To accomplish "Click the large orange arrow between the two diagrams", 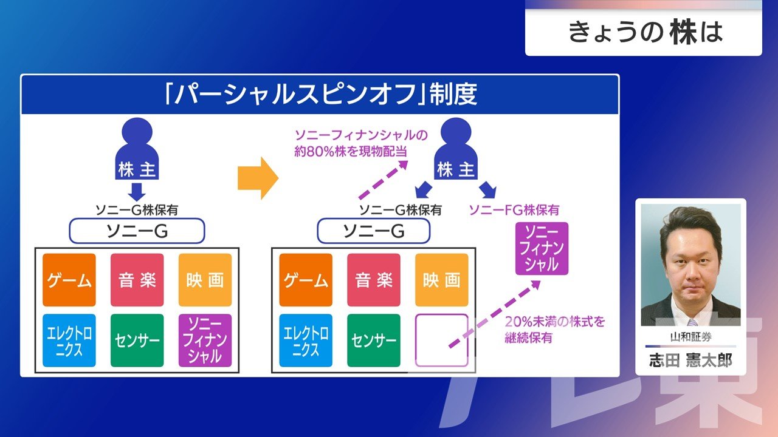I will (257, 178).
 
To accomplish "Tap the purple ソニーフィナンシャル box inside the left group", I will (205, 340).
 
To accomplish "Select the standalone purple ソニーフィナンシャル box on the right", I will (542, 248).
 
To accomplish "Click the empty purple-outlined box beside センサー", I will (441, 340).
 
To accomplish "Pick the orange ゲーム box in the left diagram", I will (69, 280).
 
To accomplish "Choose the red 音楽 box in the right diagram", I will (373, 280).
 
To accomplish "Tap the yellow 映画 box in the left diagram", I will (205, 280).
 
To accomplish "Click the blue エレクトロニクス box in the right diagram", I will (306, 340).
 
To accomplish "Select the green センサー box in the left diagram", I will (137, 340).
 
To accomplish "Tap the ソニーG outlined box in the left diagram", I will (137, 231).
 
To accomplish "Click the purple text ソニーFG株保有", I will (514, 210).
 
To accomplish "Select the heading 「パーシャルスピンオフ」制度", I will (320, 95).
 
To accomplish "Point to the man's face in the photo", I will (690, 255).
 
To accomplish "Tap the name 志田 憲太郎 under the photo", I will (690, 361).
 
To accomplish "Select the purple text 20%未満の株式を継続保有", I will (554, 330).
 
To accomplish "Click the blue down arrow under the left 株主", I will (137, 191).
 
